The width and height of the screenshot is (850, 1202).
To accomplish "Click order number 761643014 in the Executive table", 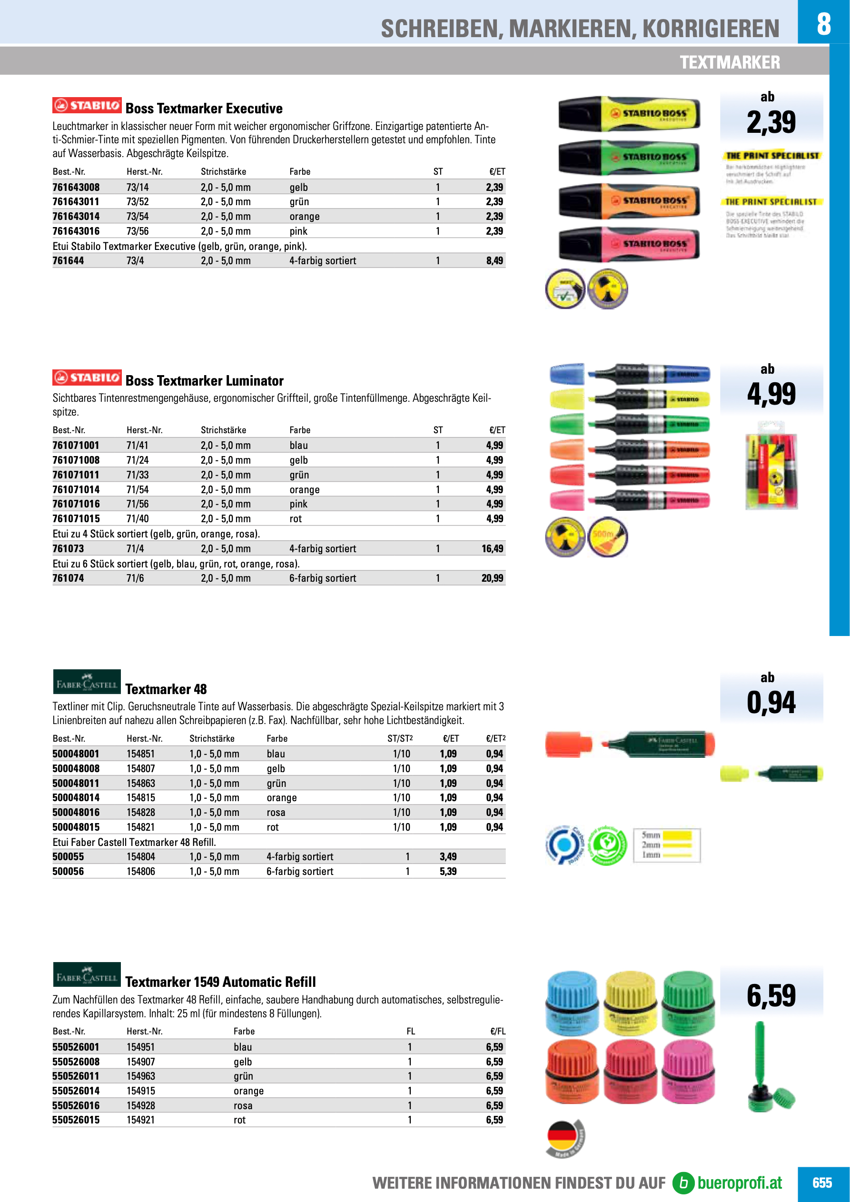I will (x=76, y=216).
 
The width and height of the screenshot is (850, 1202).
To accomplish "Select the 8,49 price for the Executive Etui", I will (x=494, y=261).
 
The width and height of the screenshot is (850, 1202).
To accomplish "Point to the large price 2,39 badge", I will (x=771, y=122).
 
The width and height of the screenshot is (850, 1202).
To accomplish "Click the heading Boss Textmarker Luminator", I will (x=204, y=381).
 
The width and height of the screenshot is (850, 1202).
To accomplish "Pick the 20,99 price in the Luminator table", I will (x=492, y=578).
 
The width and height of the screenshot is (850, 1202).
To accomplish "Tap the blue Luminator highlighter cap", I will (x=567, y=374).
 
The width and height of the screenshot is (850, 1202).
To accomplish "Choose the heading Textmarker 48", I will (x=166, y=689).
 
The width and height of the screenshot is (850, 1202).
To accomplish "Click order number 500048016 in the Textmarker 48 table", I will (x=76, y=813).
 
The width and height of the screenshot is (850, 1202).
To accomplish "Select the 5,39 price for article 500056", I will (x=447, y=872).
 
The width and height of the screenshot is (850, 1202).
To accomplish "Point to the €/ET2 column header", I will (x=495, y=739).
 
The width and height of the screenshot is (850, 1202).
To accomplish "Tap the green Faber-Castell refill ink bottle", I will (x=688, y=1004).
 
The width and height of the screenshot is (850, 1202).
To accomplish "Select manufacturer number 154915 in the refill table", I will (x=141, y=1091).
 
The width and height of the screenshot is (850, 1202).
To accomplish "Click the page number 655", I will (x=822, y=1183).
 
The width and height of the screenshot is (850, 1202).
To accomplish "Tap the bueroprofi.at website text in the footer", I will (x=739, y=1183).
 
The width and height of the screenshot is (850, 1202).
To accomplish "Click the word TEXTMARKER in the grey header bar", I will (x=730, y=62).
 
